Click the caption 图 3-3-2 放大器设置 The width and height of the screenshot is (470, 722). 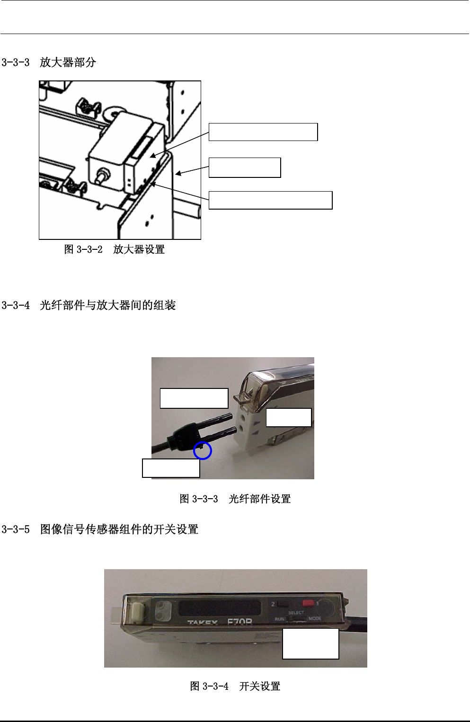tap(114, 249)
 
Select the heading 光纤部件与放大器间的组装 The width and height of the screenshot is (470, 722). tap(107, 306)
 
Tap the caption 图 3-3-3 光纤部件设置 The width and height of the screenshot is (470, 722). tap(235, 499)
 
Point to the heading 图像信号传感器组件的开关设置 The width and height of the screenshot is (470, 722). tap(119, 529)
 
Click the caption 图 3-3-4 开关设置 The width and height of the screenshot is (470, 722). tap(235, 686)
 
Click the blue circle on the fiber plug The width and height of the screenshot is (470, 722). tap(203, 451)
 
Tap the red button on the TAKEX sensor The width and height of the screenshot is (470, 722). tap(309, 603)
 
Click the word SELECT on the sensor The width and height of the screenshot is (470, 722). tap(296, 613)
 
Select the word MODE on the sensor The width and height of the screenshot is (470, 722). tap(315, 619)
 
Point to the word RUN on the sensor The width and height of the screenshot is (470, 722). tap(279, 619)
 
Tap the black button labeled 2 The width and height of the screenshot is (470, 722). tap(283, 604)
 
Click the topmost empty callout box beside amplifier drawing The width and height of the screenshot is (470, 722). tap(263, 132)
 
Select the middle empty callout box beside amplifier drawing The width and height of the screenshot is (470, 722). tap(245, 167)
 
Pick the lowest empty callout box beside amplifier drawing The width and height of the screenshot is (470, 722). tap(270, 200)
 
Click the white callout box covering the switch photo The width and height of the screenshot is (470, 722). tap(310, 643)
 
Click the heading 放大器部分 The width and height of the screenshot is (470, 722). tap(68, 62)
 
